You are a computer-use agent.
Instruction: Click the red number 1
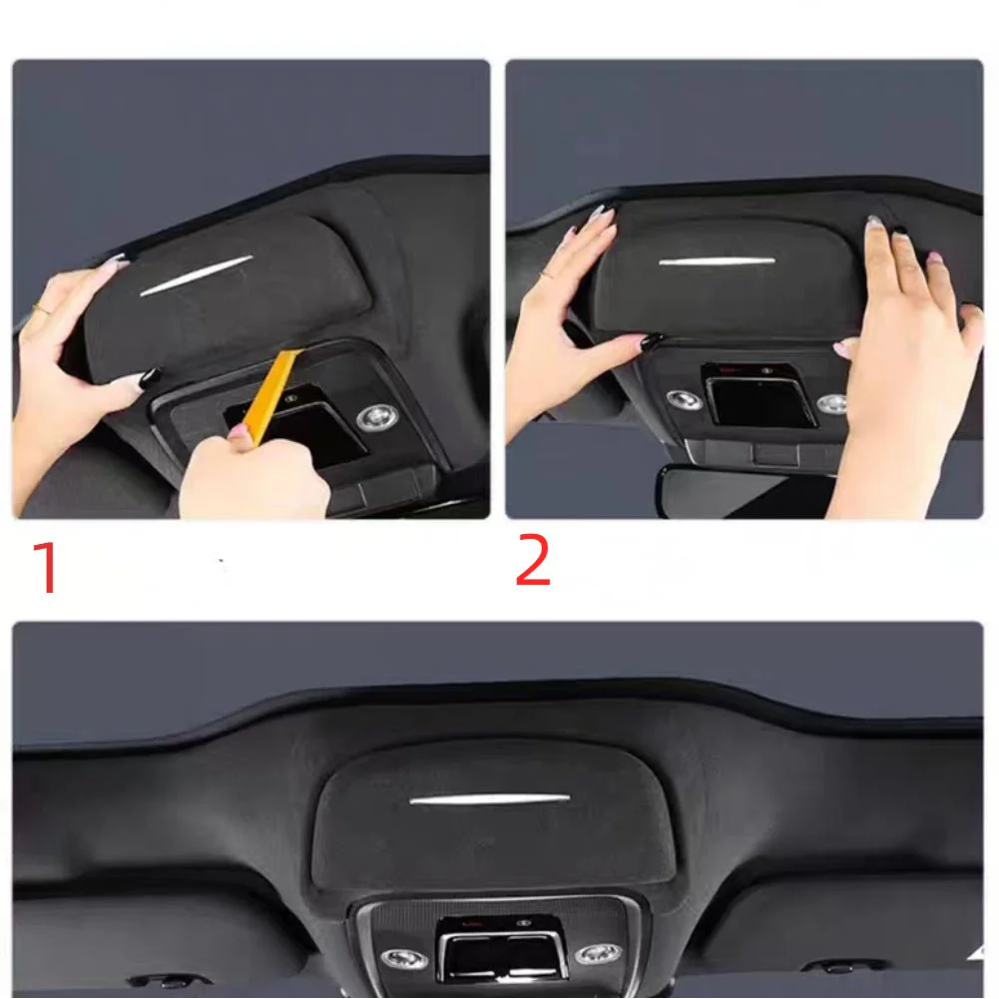pyautogui.click(x=46, y=567)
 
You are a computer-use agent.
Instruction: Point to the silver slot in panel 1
pyautogui.click(x=197, y=275)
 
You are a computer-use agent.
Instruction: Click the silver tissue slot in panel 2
pyautogui.click(x=717, y=260)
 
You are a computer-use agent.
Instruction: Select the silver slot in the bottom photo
pyautogui.click(x=489, y=798)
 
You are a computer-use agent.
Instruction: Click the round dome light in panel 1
pyautogui.click(x=376, y=417)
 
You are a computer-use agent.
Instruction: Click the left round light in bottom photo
pyautogui.click(x=404, y=958)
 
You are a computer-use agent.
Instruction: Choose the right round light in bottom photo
pyautogui.click(x=598, y=954)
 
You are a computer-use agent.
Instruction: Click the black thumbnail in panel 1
pyautogui.click(x=151, y=377)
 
